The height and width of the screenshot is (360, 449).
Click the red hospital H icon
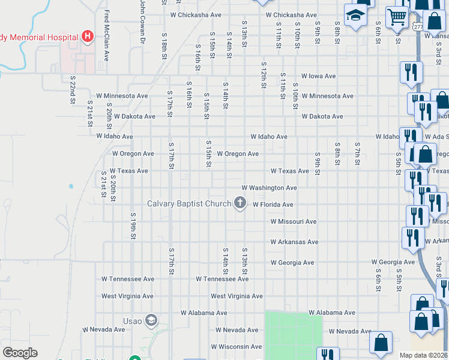(x=88, y=37)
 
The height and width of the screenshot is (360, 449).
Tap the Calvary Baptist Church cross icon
(x=240, y=203)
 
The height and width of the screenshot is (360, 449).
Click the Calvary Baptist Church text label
(x=189, y=204)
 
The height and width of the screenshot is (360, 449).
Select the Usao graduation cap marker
(x=150, y=320)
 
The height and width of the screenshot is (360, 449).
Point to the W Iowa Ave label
(x=318, y=76)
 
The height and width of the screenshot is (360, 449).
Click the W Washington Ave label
(x=269, y=188)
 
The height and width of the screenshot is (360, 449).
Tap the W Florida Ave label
(x=273, y=205)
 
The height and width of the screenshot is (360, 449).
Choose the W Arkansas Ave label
(x=294, y=242)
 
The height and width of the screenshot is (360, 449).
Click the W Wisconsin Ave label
(x=238, y=346)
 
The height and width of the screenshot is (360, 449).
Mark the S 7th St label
(x=357, y=154)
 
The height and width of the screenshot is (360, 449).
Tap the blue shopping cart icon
(x=397, y=18)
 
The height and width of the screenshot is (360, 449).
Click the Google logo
(x=20, y=353)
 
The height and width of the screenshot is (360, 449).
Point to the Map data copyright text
(x=424, y=355)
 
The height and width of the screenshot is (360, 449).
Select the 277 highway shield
(x=418, y=27)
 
